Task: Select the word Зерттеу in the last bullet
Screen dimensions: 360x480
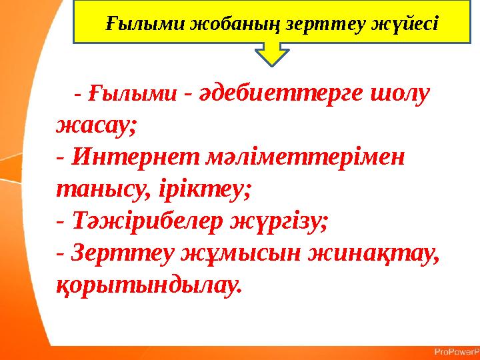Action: click(119, 253)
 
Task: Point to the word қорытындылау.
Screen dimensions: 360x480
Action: click(147, 285)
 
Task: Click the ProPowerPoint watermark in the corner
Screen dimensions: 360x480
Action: click(456, 351)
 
